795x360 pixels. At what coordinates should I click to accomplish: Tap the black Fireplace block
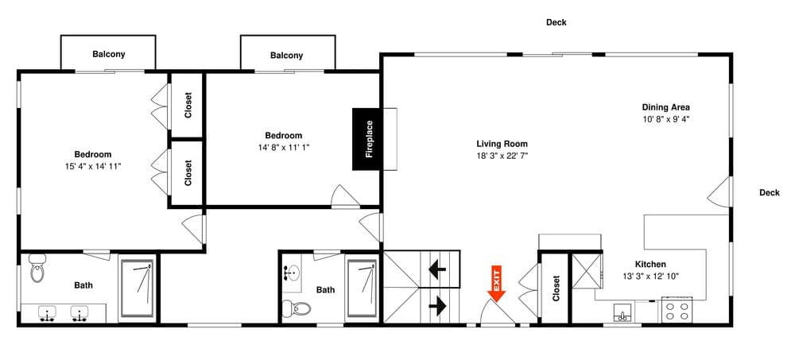coord(369,139)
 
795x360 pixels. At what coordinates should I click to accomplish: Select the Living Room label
coord(502,144)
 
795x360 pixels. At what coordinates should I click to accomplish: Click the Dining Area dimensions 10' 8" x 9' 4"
coord(665,119)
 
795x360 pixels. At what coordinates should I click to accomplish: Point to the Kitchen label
coord(650,265)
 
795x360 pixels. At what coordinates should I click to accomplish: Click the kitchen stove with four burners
coord(677,310)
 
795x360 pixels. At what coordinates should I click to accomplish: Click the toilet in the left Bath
coord(37,269)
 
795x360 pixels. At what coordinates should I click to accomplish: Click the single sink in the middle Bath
coord(293,273)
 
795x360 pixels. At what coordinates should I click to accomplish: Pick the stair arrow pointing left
coord(437,269)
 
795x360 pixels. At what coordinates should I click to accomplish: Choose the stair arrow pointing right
coord(437,304)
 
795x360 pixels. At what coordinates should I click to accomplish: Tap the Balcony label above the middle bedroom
coord(286,55)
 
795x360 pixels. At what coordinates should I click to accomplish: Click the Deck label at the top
coord(556,22)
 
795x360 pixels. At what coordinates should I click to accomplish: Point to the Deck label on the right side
coord(769,192)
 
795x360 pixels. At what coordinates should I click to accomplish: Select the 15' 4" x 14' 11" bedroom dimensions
coord(93,166)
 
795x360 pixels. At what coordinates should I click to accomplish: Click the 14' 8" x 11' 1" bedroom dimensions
coord(283,147)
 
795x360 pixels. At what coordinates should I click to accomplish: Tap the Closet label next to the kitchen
coord(556,288)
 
